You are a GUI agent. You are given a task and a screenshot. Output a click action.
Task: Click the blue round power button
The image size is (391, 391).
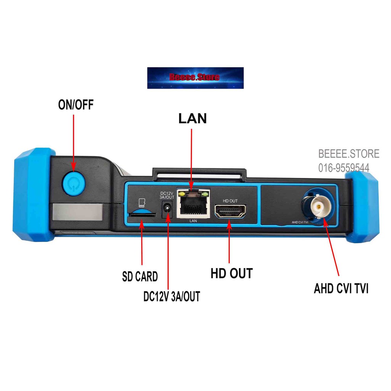click(x=74, y=184)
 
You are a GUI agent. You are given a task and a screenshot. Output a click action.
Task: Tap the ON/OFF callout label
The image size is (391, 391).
click(x=76, y=105)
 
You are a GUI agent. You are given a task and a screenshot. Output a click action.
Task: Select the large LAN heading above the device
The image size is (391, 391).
click(x=192, y=118)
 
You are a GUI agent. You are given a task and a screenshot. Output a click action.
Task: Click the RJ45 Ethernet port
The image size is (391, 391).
click(x=193, y=203)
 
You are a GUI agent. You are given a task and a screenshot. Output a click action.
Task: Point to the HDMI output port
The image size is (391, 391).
click(x=230, y=211)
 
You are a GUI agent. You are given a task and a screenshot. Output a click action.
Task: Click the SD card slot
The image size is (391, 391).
click(x=141, y=214)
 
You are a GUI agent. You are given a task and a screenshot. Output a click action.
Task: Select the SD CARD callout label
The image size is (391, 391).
click(x=140, y=276)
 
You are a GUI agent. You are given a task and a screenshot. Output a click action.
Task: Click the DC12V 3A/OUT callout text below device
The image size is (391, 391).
click(x=172, y=296)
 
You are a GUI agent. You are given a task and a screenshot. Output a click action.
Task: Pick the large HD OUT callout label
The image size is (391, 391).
click(x=232, y=273)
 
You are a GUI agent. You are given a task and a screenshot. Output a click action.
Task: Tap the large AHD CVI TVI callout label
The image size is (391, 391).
click(x=341, y=289)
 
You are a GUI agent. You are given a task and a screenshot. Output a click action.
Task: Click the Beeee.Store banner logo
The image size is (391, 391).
click(x=195, y=78)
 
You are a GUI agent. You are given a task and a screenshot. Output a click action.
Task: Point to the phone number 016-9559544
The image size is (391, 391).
click(x=344, y=168)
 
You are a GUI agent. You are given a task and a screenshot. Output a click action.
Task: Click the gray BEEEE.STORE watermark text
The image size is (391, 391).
click(x=349, y=153)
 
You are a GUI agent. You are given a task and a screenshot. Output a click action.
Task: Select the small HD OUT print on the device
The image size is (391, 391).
click(x=230, y=201)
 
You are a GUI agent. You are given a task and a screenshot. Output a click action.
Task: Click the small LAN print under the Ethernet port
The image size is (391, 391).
click(x=193, y=221)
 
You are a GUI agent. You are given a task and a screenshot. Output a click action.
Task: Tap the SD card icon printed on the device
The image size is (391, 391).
click(x=142, y=203)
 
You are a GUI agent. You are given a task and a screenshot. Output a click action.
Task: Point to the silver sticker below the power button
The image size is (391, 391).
click(x=77, y=212)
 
